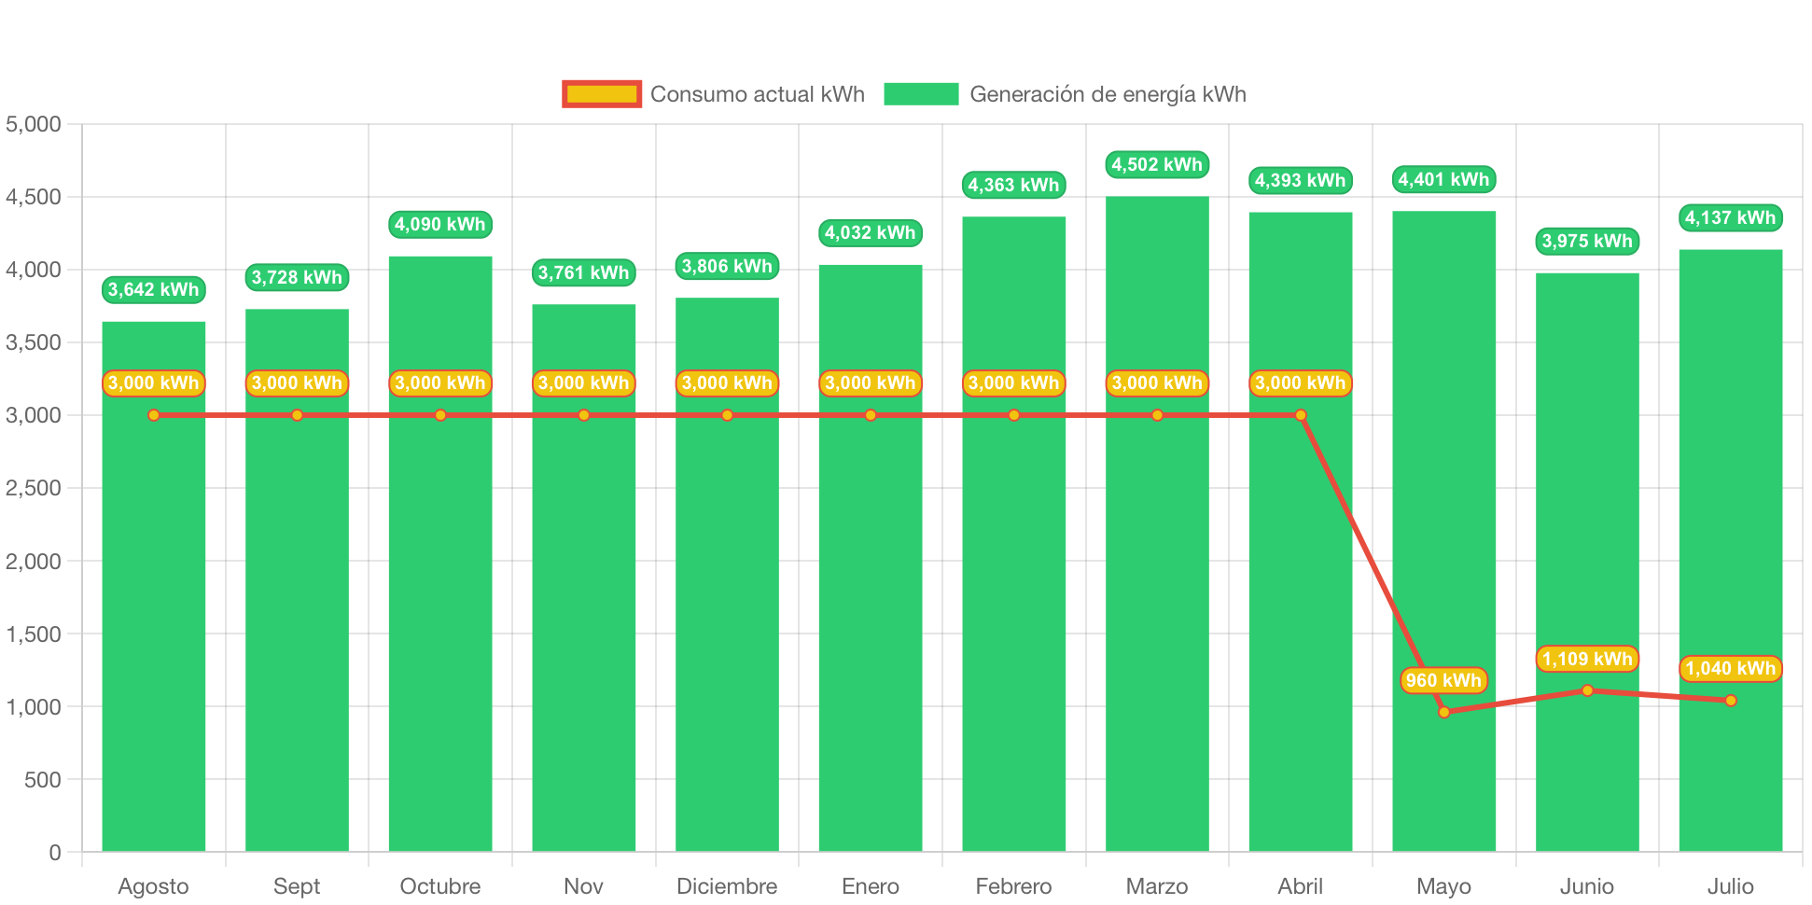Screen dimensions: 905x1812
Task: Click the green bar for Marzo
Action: click(x=1157, y=560)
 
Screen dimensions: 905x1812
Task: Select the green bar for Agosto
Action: click(x=154, y=606)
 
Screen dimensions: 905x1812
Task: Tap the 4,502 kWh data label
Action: click(x=1157, y=165)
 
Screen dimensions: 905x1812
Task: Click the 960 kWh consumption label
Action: click(x=1443, y=680)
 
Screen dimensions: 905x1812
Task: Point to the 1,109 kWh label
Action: click(x=1587, y=659)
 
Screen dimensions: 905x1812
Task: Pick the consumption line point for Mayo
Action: click(x=1444, y=712)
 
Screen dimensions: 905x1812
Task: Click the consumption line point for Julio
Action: click(x=1731, y=701)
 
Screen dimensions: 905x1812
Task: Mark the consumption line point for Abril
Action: click(x=1301, y=415)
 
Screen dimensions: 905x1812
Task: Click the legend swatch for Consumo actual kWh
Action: click(x=602, y=94)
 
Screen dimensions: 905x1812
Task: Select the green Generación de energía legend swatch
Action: click(x=921, y=94)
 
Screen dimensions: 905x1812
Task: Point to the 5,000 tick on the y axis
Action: click(x=34, y=124)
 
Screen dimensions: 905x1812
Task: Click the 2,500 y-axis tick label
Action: click(x=34, y=488)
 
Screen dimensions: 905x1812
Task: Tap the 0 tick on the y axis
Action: click(x=54, y=852)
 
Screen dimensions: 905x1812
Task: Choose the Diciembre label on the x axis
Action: click(x=727, y=885)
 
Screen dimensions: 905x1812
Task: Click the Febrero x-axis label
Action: click(x=1013, y=885)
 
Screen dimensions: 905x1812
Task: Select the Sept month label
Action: click(x=297, y=885)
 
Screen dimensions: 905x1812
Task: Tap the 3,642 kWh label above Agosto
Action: click(x=154, y=289)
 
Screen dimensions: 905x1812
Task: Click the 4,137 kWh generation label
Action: click(x=1730, y=217)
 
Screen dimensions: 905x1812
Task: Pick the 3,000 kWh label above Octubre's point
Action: click(x=440, y=383)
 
